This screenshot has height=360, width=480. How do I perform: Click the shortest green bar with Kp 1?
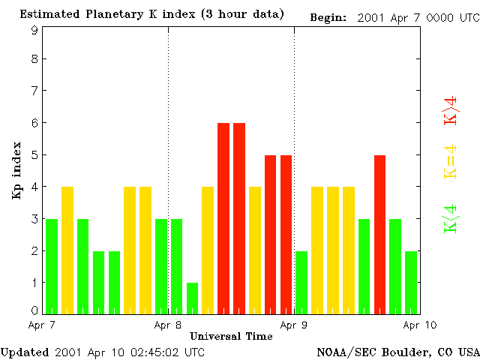click(193, 298)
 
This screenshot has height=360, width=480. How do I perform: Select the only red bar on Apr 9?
click(380, 234)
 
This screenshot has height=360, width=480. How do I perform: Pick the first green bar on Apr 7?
click(52, 266)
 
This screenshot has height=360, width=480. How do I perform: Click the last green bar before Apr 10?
click(411, 282)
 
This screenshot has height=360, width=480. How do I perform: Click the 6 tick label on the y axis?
click(34, 123)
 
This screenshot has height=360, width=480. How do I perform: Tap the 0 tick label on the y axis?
click(34, 310)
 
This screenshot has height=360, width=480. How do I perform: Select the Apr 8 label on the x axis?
click(167, 325)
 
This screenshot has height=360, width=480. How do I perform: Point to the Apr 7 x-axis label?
click(42, 325)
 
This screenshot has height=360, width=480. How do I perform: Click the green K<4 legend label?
click(450, 219)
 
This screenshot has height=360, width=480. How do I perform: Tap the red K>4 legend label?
click(450, 110)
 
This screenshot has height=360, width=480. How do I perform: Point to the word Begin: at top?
click(328, 16)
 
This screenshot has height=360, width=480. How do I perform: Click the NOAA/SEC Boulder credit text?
click(397, 352)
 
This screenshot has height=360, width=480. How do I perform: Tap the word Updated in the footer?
click(24, 352)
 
